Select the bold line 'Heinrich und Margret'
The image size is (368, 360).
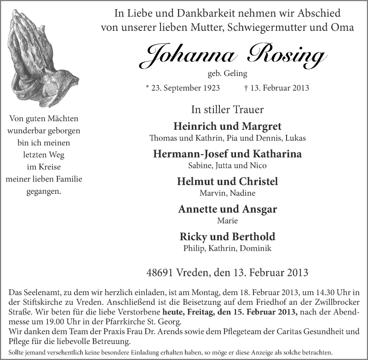click(227, 127)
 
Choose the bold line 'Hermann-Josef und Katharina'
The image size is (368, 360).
click(227, 154)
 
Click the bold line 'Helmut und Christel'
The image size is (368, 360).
click(227, 181)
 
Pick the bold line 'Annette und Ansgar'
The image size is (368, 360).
click(227, 209)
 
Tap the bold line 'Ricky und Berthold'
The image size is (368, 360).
click(227, 237)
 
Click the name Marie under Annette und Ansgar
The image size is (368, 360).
click(227, 221)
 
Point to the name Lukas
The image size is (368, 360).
click(296, 138)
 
